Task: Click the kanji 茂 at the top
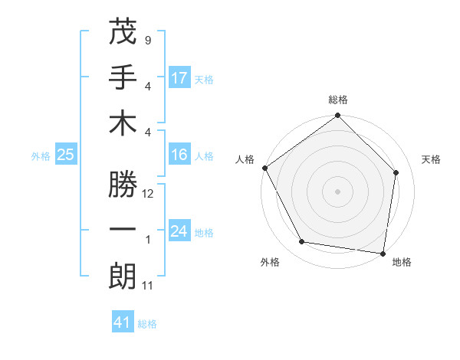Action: coord(123,33)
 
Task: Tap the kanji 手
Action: coord(123,79)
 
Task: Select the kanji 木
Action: coord(123,126)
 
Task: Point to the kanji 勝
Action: coord(123,185)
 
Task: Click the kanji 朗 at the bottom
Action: coord(123,277)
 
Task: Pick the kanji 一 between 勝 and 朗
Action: coord(123,231)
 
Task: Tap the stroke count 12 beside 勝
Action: coord(149,194)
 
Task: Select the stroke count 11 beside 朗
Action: coord(148,286)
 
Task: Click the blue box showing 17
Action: coord(179,78)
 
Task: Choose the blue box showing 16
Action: coord(179,155)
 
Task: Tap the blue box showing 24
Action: coord(179,231)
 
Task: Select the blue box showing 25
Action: coord(66,155)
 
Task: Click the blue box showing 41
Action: coord(123,322)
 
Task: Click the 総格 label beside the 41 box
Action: coord(147,324)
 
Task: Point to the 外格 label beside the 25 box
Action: coord(41,156)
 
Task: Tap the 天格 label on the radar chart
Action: coord(431,159)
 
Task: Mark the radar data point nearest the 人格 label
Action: coord(265,168)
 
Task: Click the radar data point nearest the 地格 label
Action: coord(383,252)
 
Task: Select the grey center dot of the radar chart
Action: coord(337,191)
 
